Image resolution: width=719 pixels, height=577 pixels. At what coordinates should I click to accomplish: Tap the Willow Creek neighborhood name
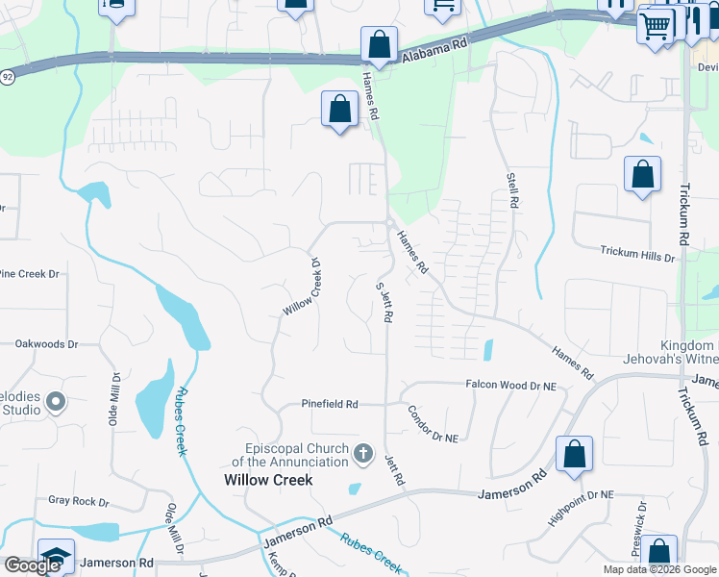point(268,480)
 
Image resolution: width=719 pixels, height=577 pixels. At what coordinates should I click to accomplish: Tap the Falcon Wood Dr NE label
point(510,385)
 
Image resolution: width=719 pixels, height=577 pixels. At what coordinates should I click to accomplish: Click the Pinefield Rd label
point(330,404)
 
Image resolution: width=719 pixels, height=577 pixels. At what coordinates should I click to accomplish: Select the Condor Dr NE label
point(434,422)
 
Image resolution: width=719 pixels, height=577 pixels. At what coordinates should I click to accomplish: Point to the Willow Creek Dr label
point(302,287)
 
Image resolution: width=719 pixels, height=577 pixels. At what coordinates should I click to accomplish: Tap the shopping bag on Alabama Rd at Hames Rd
point(380,45)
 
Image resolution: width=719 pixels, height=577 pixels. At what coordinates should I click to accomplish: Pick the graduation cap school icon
point(56,555)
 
